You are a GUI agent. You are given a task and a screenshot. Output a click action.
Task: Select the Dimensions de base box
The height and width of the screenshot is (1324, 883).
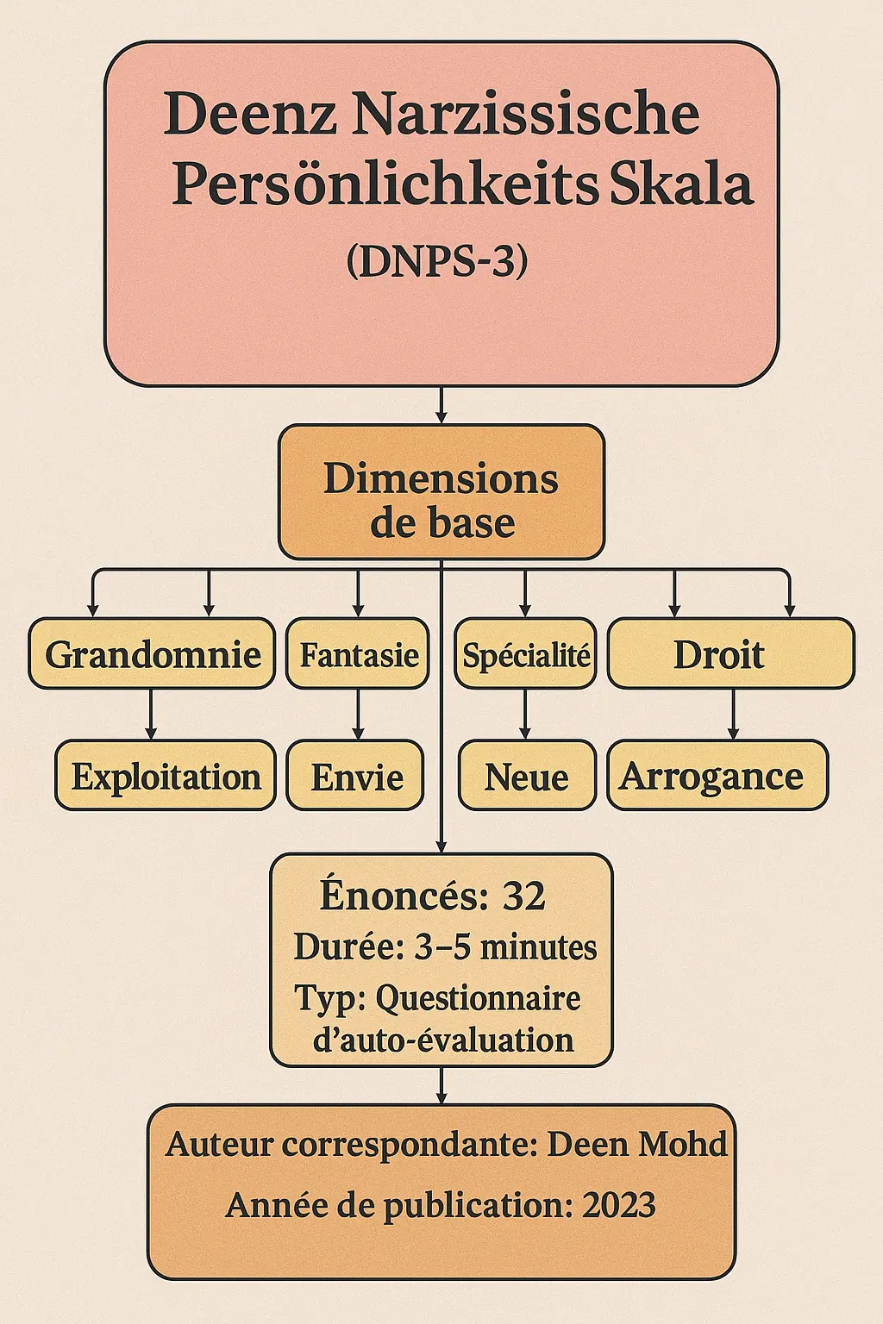441,492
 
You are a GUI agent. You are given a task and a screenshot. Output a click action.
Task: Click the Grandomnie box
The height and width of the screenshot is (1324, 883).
153,654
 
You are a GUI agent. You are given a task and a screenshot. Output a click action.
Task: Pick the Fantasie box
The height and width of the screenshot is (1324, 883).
358,654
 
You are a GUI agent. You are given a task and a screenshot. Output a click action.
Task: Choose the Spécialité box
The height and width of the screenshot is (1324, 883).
526,654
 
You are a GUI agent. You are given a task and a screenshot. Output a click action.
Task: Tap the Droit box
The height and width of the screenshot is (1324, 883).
730,654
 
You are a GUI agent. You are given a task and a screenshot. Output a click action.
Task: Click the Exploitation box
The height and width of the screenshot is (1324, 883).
166,776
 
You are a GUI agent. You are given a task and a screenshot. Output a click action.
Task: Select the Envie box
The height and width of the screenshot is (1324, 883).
356,776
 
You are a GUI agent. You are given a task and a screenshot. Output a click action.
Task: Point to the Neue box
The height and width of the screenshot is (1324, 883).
527,776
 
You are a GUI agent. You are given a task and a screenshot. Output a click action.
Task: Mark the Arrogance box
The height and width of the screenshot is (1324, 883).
717,776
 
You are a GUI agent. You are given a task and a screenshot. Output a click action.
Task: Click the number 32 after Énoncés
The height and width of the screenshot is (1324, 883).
523,896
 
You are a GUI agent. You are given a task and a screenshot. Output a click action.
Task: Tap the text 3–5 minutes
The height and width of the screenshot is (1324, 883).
505,947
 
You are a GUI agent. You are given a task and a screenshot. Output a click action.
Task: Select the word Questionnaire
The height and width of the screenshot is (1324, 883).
478,998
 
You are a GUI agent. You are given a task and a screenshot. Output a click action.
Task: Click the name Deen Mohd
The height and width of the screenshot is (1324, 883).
637,1144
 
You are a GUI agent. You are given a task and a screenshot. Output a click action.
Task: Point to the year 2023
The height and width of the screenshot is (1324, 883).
618,1204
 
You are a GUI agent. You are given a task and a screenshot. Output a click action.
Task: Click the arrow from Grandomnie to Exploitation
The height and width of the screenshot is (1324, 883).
152,715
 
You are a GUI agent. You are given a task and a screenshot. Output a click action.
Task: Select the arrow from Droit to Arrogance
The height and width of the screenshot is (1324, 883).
733,715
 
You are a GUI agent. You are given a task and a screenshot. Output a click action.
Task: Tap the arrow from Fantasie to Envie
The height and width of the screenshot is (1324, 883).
358,715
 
